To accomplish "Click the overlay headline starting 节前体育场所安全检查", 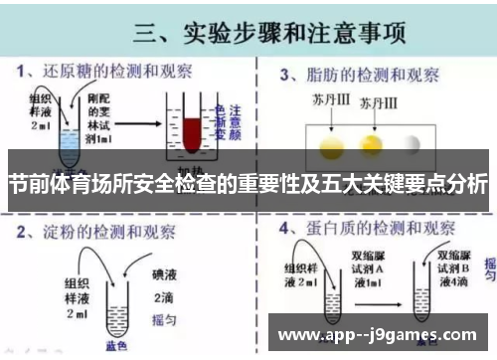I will click(248, 185).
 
